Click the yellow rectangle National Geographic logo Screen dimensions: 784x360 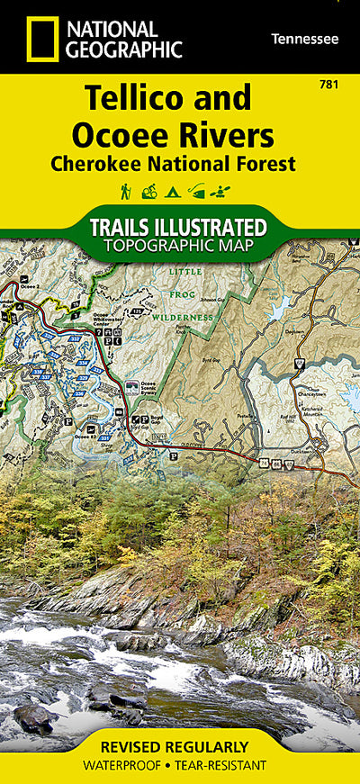click(x=42, y=40)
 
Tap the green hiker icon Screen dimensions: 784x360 click(x=126, y=191)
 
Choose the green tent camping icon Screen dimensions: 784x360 click(x=173, y=191)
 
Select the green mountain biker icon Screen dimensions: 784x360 click(x=148, y=191)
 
